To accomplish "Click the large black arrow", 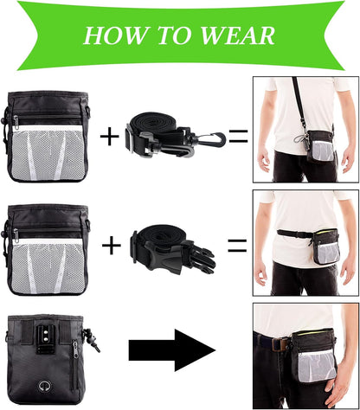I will pos(171,350).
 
